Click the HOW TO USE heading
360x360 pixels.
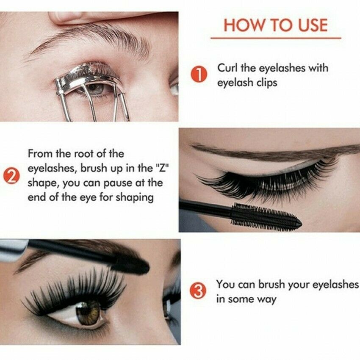coord(275,25)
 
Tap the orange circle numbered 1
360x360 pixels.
coord(199,75)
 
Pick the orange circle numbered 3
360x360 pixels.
coord(199,291)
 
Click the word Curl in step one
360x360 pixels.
coord(227,68)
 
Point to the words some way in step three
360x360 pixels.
coord(252,299)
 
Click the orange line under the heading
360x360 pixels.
coord(275,38)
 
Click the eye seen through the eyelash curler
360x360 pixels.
coord(95,88)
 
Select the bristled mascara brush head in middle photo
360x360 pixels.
coord(265,217)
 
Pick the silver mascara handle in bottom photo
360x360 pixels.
coord(13,250)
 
